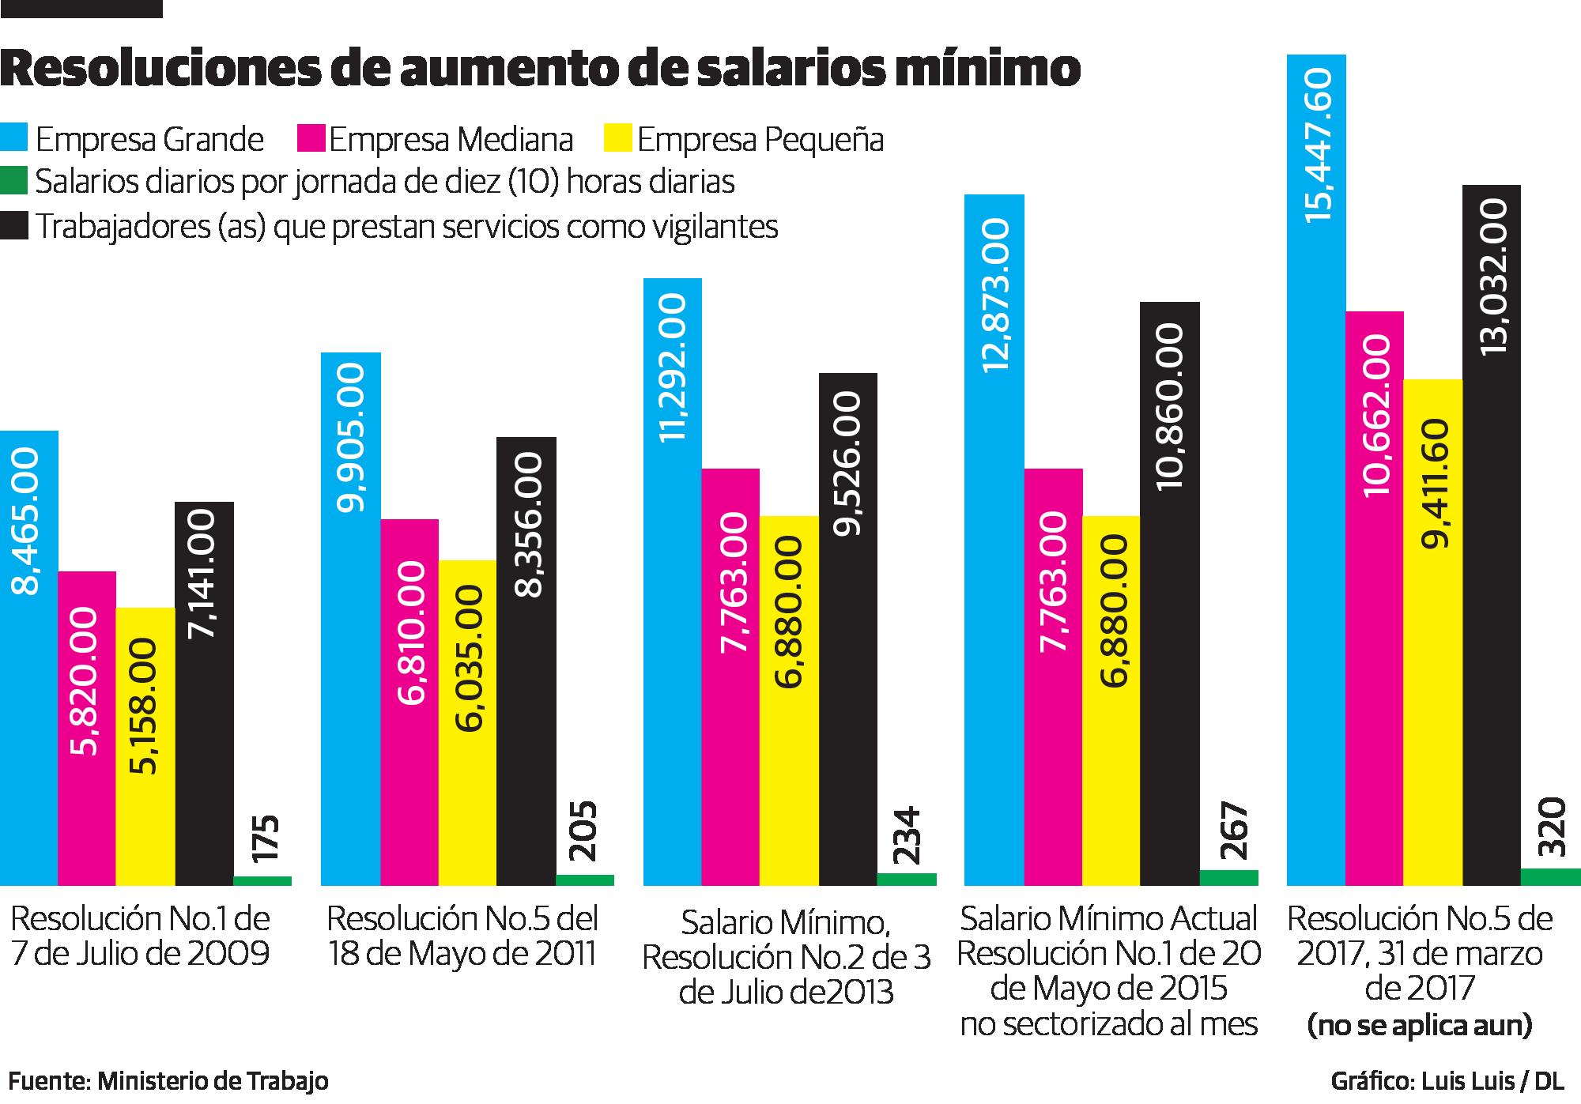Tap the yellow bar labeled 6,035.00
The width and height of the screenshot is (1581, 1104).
click(x=467, y=722)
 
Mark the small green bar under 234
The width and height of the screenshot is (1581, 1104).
click(x=907, y=879)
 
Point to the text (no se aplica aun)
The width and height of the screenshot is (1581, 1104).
click(x=1419, y=1026)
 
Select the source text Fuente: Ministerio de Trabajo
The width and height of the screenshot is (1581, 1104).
click(x=168, y=1080)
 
